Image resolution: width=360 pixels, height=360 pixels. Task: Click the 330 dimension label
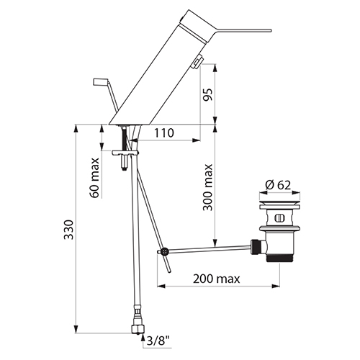pyautogui.click(x=69, y=229)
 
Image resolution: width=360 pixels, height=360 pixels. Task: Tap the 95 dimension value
pyautogui.click(x=208, y=94)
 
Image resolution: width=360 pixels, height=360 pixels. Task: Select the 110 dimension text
pyautogui.click(x=163, y=133)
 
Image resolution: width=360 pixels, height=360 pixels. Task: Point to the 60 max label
pyautogui.click(x=94, y=178)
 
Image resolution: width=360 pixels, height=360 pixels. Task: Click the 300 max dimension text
pyautogui.click(x=208, y=187)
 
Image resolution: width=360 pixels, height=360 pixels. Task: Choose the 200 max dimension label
pyautogui.click(x=217, y=279)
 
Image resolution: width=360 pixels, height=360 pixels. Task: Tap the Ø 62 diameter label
pyautogui.click(x=278, y=185)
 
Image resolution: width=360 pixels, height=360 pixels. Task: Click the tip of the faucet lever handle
pyautogui.click(x=271, y=30)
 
